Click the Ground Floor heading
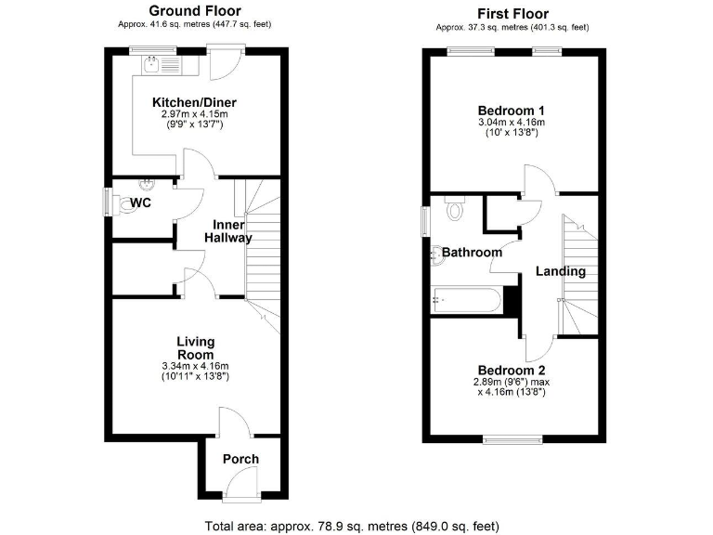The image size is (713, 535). point(195,12)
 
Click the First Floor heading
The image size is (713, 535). point(512,13)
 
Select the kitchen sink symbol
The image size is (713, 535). point(153,64)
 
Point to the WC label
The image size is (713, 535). point(141,202)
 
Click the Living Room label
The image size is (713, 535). point(195,347)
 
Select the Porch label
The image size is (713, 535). point(240,459)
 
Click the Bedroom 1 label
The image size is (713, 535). point(511,108)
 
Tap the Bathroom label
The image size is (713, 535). point(472,253)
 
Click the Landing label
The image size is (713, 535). point(561,272)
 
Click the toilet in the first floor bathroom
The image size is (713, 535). point(454,211)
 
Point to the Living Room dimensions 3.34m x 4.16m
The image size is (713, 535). point(195,367)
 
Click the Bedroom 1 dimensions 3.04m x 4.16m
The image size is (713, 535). point(511,122)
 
